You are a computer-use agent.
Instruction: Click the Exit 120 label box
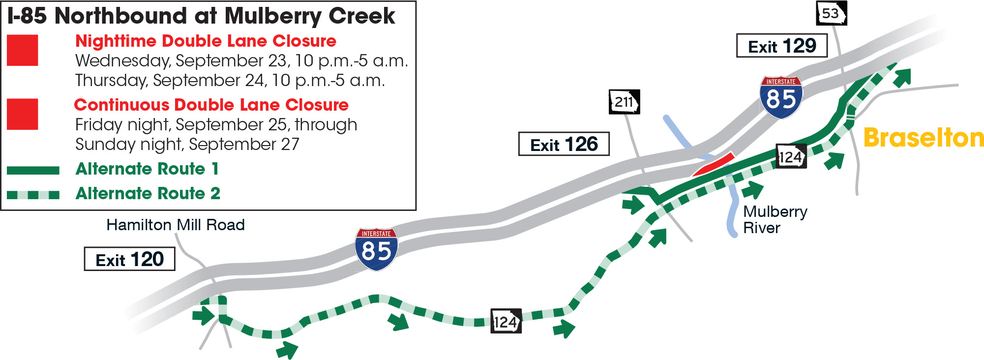tap(129, 259)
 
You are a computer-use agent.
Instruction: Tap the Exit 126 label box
tap(564, 144)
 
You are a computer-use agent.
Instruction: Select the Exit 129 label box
tap(781, 46)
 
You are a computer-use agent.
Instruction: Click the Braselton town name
tap(924, 138)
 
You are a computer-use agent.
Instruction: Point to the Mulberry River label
tap(775, 219)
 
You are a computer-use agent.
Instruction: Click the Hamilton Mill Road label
tap(176, 225)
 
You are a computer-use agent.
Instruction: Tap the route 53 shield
tap(831, 14)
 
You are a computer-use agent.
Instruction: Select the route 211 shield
tap(624, 102)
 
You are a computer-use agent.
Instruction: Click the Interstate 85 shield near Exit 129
tap(781, 97)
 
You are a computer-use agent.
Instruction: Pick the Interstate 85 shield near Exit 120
tap(376, 249)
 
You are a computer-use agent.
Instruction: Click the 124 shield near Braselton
tap(791, 156)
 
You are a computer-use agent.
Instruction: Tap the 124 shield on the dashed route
tap(506, 322)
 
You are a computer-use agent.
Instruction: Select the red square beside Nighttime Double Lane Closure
tap(23, 50)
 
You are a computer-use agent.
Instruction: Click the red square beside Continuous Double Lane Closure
tap(23, 114)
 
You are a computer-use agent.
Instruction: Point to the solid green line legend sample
tap(33, 170)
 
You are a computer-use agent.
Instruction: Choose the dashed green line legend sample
tap(33, 195)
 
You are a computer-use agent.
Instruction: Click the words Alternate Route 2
tap(148, 193)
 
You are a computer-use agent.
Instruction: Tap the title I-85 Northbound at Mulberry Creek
tap(201, 16)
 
